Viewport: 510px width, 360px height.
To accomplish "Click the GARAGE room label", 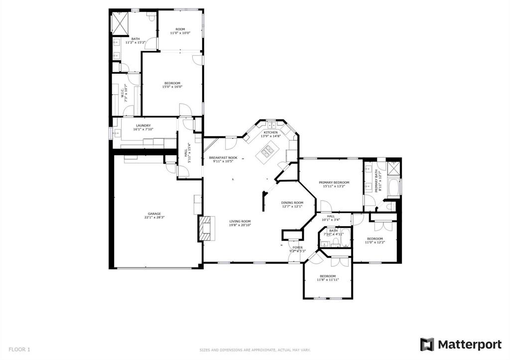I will coord(154,214).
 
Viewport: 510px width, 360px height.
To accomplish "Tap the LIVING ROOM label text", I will coord(240,221).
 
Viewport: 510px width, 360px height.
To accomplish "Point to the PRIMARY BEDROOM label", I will coord(334,182).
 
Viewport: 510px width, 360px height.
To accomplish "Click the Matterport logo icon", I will coord(427,344).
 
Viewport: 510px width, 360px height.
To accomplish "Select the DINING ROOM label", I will coord(292,202).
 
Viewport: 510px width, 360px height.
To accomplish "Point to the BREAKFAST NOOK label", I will coord(223,157).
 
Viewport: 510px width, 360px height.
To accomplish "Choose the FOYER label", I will coord(297,247).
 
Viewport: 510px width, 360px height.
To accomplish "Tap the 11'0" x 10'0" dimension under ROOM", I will coord(180,33).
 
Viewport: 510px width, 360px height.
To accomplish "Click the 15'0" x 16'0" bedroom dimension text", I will coord(172,87).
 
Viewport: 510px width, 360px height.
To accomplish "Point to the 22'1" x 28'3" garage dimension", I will coord(154,218).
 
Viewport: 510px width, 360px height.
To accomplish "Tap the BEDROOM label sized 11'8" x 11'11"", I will coord(328,276).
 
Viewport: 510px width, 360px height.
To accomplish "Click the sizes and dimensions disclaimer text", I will coord(255,350).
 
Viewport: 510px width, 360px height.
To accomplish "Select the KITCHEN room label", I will coord(270,132).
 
